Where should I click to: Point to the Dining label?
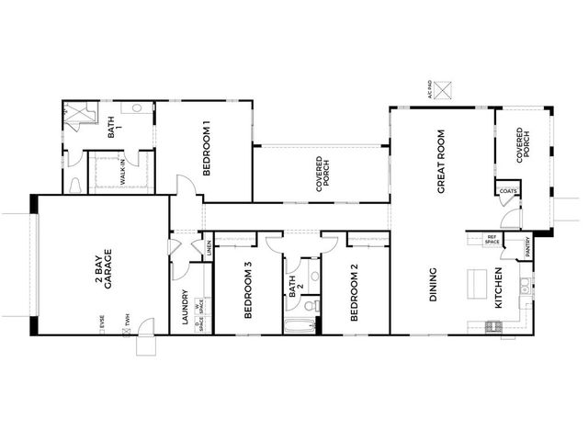pyautogui.click(x=432, y=285)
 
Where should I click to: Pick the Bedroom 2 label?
pyautogui.click(x=353, y=292)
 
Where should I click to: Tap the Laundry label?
pyautogui.click(x=185, y=309)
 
